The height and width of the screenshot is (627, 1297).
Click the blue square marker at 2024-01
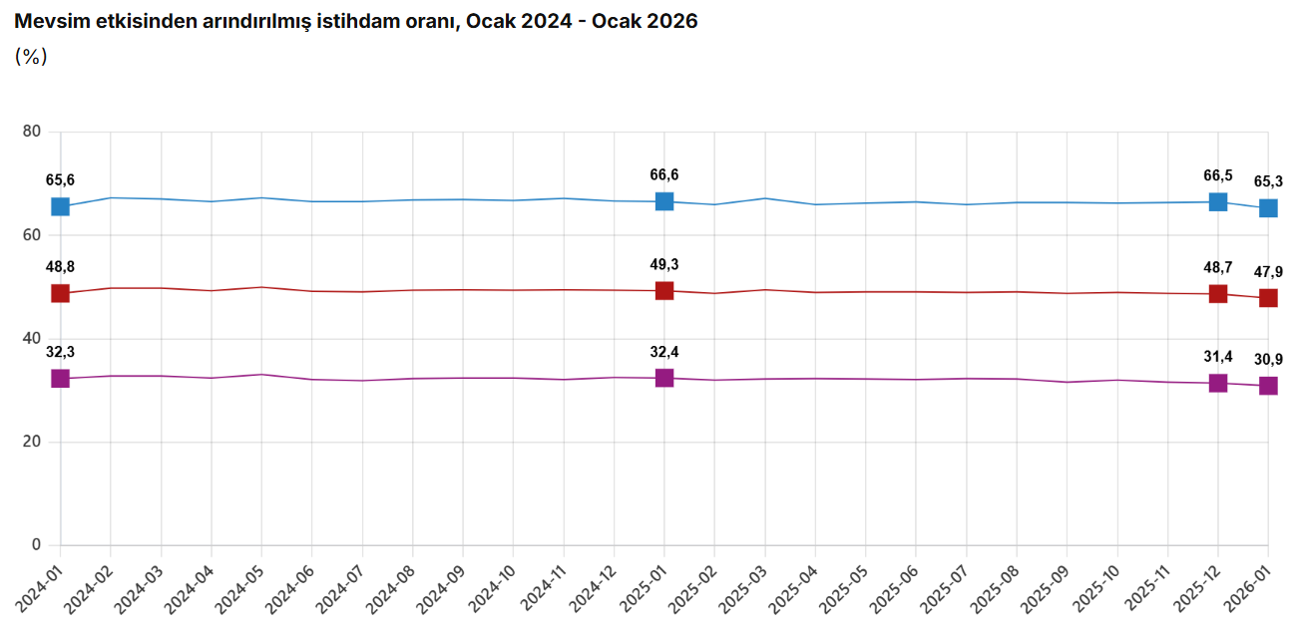point(60,206)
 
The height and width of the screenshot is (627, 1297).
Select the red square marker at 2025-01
point(664,290)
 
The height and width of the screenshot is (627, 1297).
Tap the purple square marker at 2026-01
point(1268,386)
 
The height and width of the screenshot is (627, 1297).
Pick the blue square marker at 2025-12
point(1218,201)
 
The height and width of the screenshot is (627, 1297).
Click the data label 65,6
point(60,180)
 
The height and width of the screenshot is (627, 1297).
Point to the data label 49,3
point(664,264)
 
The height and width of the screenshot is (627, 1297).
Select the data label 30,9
point(1268,359)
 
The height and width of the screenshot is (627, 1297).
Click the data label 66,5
point(1218,175)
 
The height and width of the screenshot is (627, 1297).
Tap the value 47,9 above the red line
point(1268,272)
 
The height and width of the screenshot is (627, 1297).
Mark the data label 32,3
point(60,352)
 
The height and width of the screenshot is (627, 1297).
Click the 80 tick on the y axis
point(31,132)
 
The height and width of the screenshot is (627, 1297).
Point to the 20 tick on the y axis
point(31,442)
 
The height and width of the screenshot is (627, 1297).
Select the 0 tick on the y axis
point(36,545)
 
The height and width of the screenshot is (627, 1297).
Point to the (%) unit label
point(31,57)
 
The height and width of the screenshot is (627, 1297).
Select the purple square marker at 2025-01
point(664,378)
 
